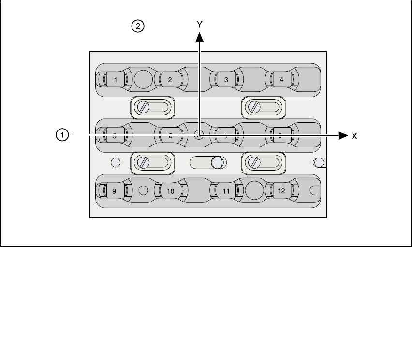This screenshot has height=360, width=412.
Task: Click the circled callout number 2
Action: pos(138,27)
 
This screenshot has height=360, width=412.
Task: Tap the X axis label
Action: pos(354,137)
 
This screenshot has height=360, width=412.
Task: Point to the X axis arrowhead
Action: pos(343,136)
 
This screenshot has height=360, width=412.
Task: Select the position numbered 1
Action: pos(115,79)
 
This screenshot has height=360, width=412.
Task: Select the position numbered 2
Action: pos(170,79)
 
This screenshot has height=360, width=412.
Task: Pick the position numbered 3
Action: pos(226,79)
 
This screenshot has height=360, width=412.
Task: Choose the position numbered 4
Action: pos(281,79)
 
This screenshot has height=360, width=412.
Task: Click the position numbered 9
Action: pos(114,191)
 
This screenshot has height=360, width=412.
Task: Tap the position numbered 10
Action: pos(170,191)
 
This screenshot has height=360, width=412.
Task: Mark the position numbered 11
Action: pos(226,191)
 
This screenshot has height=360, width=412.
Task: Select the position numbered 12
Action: pos(281,191)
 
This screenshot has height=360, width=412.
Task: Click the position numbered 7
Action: pos(226,136)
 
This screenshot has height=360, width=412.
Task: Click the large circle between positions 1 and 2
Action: pos(143,79)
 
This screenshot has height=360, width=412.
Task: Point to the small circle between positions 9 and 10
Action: pos(143,190)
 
